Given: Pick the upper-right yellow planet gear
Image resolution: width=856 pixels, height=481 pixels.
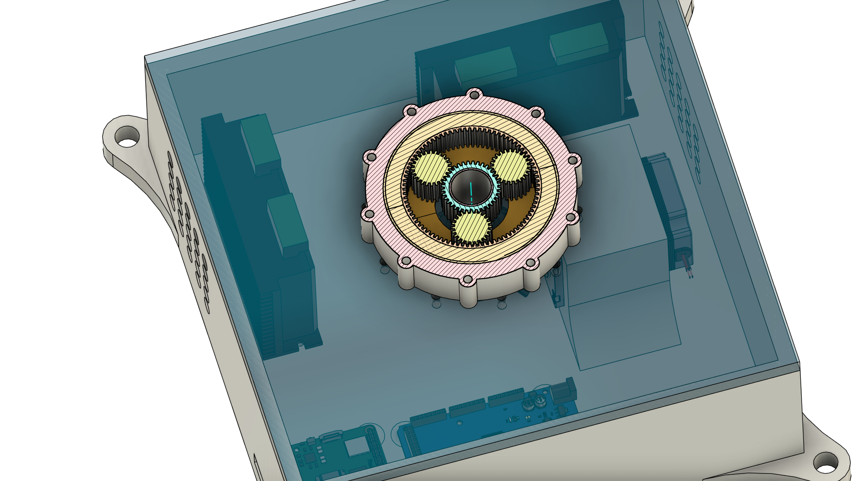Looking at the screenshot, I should tap(510, 167).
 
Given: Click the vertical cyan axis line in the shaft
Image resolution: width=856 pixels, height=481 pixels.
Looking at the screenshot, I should tap(471, 191).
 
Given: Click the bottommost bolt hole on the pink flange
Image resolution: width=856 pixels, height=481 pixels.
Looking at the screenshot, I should tap(467, 280).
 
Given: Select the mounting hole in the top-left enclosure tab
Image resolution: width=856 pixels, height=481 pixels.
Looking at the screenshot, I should tap(128, 143).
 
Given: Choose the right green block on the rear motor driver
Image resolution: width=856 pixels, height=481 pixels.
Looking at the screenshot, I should tap(578, 42).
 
